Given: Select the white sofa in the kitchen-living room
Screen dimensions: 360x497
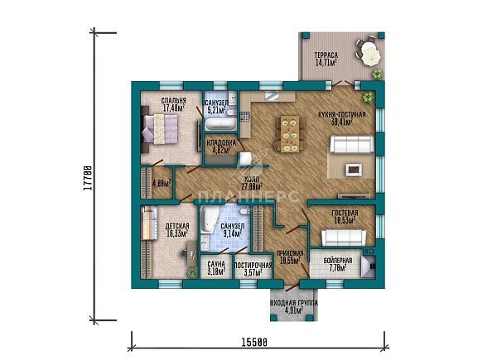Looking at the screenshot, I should tap(353, 146).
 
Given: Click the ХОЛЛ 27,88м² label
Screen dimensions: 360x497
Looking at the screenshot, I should tap(250, 184).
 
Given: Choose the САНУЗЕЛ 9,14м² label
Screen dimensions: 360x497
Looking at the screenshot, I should tap(234, 230).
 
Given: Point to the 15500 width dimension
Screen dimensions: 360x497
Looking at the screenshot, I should tap(255, 341).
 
